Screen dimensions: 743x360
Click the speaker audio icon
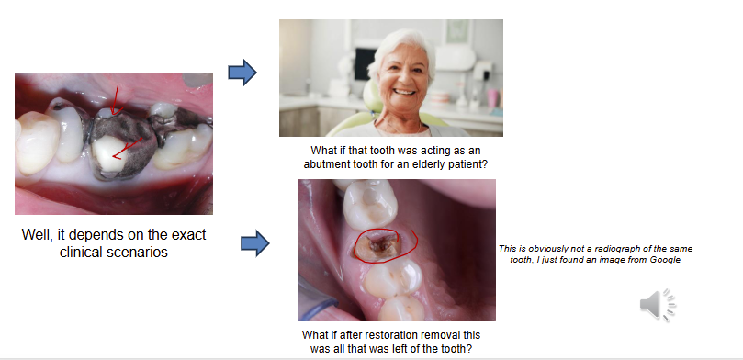click(658, 304)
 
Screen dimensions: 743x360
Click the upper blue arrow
click(242, 73)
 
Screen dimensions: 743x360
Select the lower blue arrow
click(255, 243)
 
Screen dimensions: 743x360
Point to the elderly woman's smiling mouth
click(404, 92)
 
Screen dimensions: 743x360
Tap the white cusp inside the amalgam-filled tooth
click(110, 152)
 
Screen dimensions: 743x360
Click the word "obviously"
click(535, 249)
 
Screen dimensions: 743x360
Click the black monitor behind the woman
click(365, 63)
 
